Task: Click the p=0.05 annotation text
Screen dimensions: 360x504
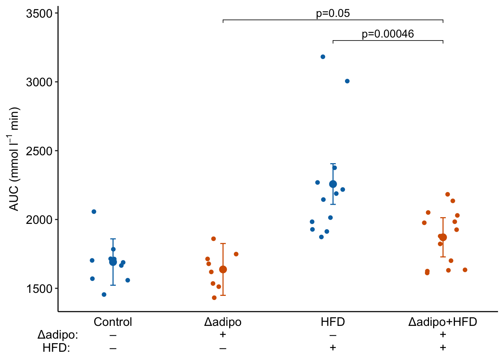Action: [333, 13]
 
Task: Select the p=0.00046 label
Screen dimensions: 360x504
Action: [388, 34]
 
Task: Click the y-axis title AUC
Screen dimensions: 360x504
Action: [14, 159]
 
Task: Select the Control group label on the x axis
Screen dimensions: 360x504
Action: [113, 322]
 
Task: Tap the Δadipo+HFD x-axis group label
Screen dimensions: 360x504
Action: [442, 322]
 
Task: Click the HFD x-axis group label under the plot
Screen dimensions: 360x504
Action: [333, 322]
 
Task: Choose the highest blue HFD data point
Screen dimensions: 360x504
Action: [323, 57]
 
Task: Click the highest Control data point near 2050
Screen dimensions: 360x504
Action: [94, 212]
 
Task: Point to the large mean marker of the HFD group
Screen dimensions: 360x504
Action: [333, 184]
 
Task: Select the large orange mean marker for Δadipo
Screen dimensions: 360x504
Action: [223, 270]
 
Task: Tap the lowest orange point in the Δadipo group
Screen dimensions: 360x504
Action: [214, 298]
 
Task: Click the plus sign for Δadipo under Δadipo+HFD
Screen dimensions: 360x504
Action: [443, 334]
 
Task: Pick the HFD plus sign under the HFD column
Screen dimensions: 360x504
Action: [333, 348]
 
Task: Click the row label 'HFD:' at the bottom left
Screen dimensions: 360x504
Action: [56, 348]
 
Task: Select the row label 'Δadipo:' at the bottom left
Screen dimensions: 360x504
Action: [58, 334]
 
